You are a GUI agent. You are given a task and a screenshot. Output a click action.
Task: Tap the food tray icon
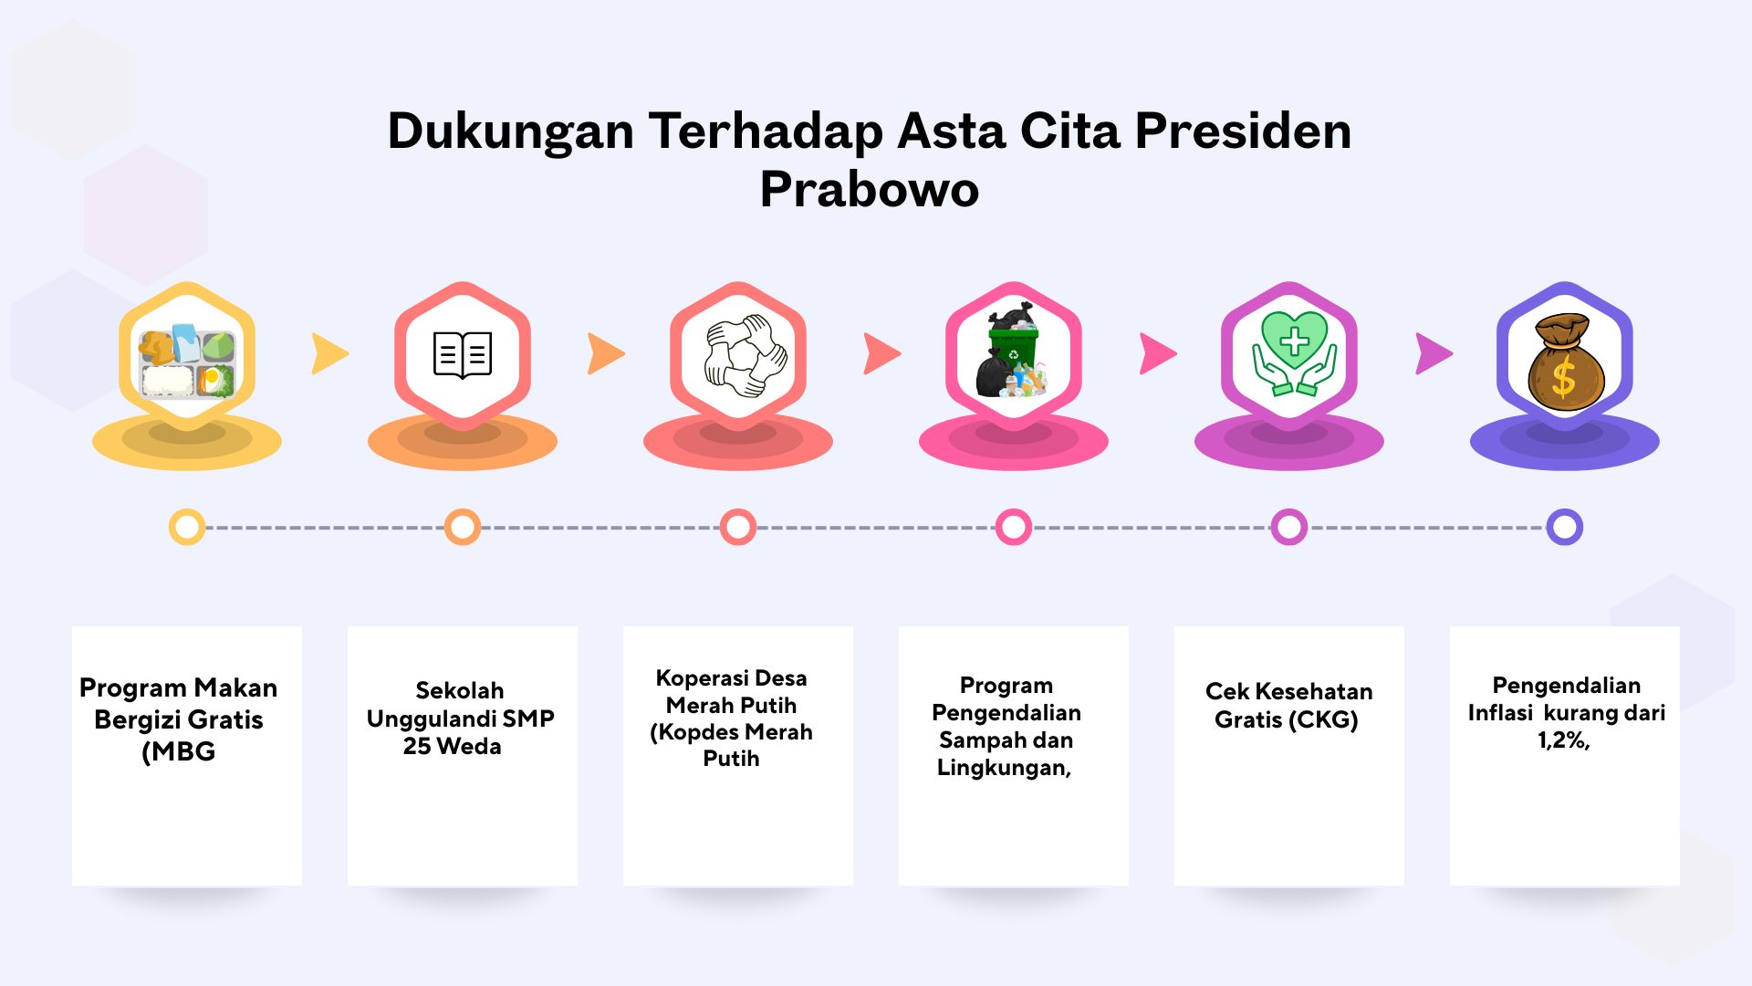(x=187, y=361)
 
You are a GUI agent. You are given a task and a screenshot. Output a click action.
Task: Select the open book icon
(x=463, y=354)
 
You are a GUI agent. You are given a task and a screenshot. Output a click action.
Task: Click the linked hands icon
(x=738, y=356)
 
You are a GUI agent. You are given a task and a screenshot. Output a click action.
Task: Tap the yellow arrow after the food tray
(x=329, y=354)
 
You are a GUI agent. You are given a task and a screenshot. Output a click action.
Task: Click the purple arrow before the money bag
(x=1434, y=354)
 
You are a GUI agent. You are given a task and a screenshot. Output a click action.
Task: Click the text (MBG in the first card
(x=179, y=751)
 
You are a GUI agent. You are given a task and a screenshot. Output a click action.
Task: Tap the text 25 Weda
(x=453, y=747)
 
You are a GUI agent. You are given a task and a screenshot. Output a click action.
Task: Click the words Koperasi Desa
(x=732, y=678)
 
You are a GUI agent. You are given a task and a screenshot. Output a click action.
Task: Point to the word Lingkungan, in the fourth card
(x=1004, y=768)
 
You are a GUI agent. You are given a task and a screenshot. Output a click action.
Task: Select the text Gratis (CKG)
(x=1287, y=720)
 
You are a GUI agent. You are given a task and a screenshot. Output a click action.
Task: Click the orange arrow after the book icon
(x=606, y=354)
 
